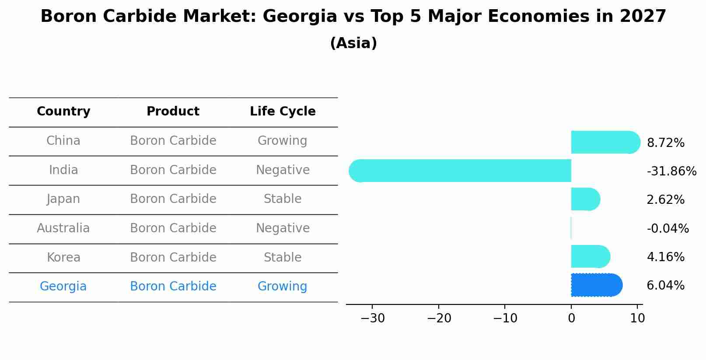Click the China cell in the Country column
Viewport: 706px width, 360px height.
pos(63,141)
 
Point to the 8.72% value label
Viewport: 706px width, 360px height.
pos(665,143)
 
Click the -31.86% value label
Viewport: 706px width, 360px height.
pos(671,171)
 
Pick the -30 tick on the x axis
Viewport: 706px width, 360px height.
pos(373,318)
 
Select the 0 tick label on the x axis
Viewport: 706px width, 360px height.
pos(571,318)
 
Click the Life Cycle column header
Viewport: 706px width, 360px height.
pos(283,112)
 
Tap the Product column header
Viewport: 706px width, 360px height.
pos(173,112)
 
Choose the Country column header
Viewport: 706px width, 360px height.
pos(63,112)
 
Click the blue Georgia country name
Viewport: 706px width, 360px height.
pos(63,287)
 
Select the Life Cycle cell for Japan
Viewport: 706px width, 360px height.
pos(283,199)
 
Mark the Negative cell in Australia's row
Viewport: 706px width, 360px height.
pos(283,228)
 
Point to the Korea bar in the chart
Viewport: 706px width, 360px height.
pos(590,256)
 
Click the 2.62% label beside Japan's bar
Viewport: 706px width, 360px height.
pos(665,200)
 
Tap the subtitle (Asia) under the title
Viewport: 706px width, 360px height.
pos(353,43)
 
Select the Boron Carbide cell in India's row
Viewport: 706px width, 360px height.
pos(173,170)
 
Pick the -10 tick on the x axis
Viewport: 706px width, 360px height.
pos(505,318)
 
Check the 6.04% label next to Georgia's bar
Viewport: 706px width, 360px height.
pos(665,286)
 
